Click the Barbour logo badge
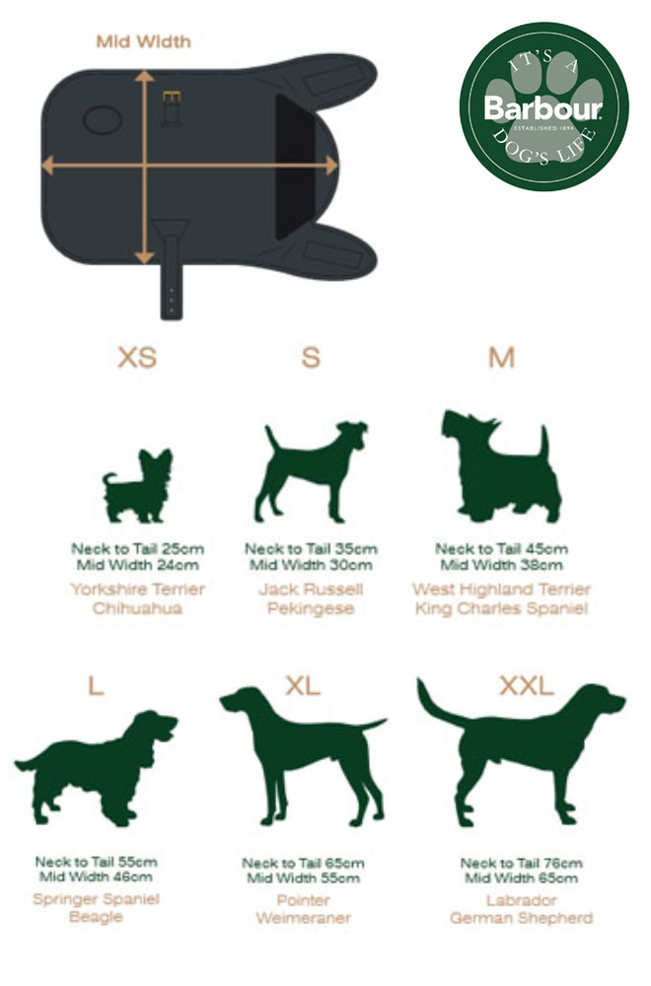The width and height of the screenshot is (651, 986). (543, 106)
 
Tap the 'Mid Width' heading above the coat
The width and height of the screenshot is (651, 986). (143, 41)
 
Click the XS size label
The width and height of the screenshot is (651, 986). (137, 357)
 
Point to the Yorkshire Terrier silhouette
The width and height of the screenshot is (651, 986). (138, 485)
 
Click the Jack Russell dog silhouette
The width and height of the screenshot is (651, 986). (311, 471)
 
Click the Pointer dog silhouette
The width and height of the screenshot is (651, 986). (302, 754)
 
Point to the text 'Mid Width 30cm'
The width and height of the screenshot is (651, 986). (310, 565)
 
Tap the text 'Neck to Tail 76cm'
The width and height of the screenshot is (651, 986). (521, 863)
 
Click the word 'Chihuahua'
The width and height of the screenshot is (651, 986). (137, 608)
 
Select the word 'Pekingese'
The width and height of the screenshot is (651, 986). (311, 608)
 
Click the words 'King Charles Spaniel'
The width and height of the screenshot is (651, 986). (501, 608)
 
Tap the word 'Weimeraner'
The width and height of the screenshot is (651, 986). (303, 918)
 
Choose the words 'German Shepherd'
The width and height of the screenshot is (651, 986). (521, 918)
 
